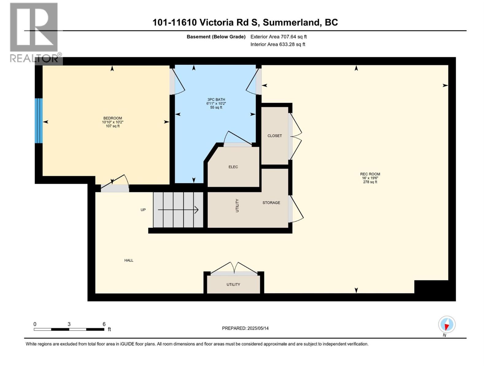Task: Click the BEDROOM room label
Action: click(113, 118)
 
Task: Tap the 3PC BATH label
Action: click(216, 100)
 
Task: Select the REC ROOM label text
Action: click(370, 174)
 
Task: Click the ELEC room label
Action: click(233, 167)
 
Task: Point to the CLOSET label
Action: click(274, 136)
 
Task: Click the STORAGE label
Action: click(271, 203)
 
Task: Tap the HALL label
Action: click(129, 260)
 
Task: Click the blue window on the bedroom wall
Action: click(38, 121)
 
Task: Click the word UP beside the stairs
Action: click(143, 210)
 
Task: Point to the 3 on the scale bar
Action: click(69, 324)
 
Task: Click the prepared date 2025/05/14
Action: click(258, 328)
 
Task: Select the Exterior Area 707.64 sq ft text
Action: click(278, 37)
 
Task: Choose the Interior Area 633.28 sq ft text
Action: click(278, 44)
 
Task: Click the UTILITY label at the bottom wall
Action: click(233, 285)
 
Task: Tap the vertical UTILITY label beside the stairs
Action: click(237, 205)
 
